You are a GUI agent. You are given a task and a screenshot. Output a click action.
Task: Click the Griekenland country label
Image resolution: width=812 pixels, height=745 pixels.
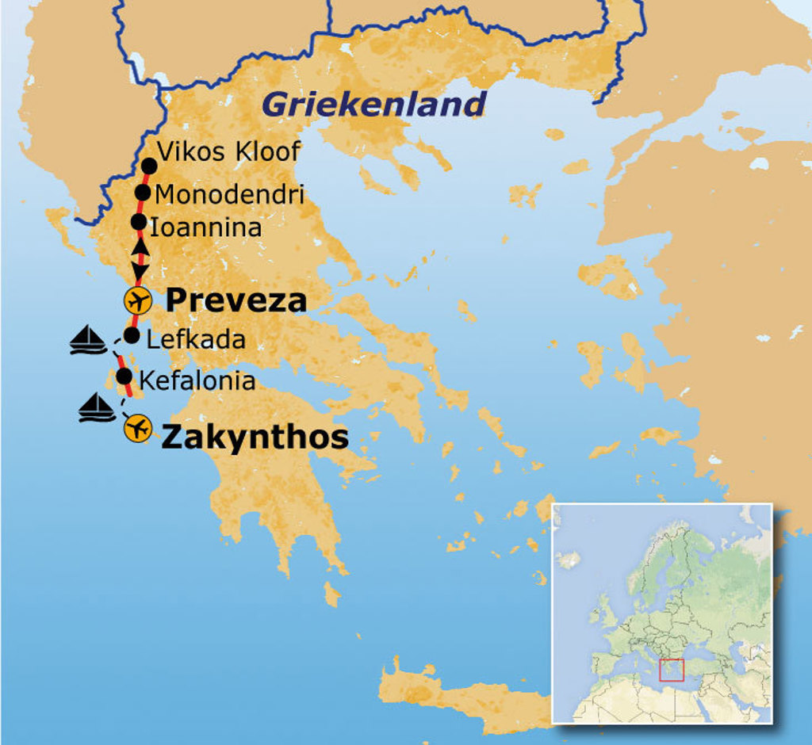click(x=373, y=104)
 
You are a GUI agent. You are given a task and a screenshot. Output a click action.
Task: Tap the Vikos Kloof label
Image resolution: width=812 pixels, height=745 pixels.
click(x=228, y=151)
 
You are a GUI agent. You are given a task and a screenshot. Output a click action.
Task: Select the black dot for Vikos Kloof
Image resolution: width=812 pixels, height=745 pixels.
click(x=149, y=166)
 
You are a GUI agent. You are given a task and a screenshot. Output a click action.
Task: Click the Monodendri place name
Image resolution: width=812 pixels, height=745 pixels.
click(x=229, y=194)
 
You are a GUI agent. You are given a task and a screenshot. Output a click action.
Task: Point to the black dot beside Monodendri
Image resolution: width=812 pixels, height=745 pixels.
click(x=143, y=193)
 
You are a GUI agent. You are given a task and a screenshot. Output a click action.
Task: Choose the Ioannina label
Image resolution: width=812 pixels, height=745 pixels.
click(x=205, y=228)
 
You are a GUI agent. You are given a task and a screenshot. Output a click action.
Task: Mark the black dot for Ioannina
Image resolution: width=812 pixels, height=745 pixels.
click(x=138, y=222)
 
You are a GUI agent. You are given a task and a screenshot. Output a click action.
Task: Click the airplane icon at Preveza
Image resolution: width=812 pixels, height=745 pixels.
click(x=137, y=301)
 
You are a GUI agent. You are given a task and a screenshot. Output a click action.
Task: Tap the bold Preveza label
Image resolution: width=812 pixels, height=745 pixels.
click(x=236, y=300)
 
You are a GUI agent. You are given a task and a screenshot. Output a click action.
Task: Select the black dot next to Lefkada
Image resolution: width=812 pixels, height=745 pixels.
click(x=132, y=336)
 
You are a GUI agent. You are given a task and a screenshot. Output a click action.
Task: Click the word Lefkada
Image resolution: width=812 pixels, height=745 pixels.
click(x=196, y=340)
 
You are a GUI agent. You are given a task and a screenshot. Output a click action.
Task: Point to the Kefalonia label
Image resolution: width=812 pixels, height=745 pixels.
click(x=197, y=381)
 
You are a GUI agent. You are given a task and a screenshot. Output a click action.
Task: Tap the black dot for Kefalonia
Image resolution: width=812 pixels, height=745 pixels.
click(x=124, y=376)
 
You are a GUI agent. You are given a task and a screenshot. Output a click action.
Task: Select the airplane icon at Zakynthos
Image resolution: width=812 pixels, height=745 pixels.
click(x=138, y=429)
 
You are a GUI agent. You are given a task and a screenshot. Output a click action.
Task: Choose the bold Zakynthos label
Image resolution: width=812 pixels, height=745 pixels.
click(x=255, y=437)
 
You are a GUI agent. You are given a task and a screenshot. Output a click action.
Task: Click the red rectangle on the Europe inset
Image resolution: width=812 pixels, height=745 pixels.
click(x=671, y=670)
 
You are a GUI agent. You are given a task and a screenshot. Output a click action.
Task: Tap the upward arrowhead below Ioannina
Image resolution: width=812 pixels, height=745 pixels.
click(x=140, y=246)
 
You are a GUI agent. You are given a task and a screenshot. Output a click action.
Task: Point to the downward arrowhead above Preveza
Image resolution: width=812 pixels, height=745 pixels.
click(x=140, y=274)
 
